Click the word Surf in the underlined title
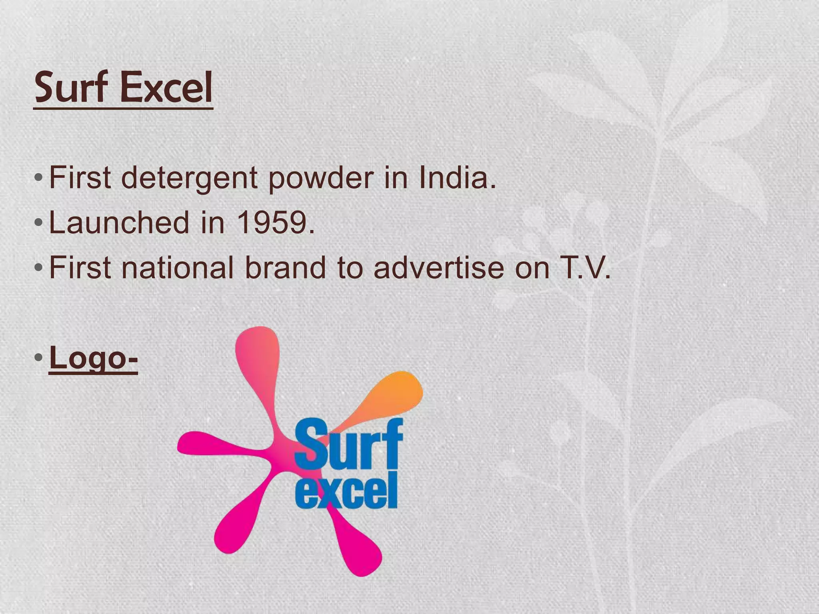(72, 87)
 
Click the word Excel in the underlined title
(166, 87)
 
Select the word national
(178, 267)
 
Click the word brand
(285, 267)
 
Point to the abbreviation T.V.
(583, 267)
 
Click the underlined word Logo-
(93, 358)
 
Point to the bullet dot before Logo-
(38, 357)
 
